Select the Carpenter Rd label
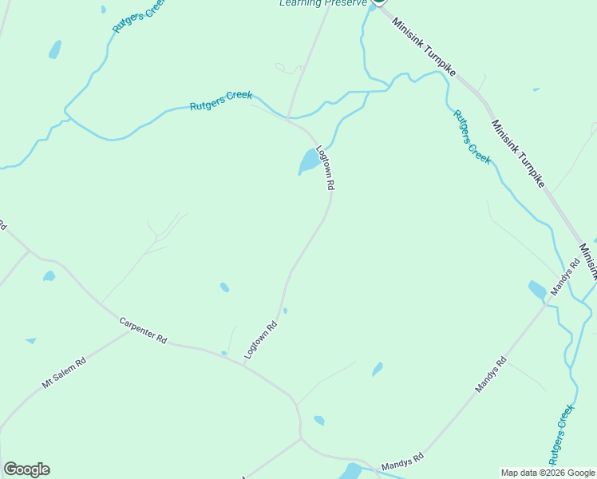(143, 331)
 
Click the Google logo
(26, 469)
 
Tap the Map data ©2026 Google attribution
(548, 473)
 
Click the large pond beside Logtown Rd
(308, 161)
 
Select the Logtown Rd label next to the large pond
(326, 167)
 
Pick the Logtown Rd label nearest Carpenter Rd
(260, 339)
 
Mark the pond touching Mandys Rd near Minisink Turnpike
(537, 289)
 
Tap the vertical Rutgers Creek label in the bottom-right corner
(562, 434)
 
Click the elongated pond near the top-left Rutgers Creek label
(55, 49)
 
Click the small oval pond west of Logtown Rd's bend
(224, 287)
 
